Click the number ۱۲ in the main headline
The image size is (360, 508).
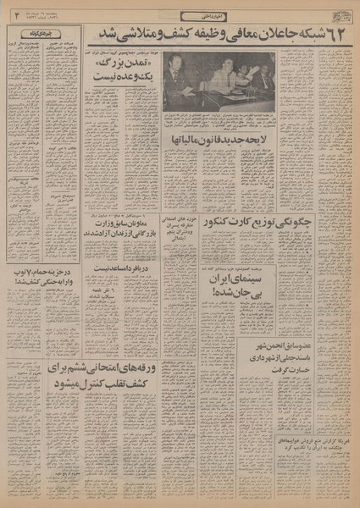[x=335, y=36]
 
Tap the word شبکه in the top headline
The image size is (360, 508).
[x=305, y=36]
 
